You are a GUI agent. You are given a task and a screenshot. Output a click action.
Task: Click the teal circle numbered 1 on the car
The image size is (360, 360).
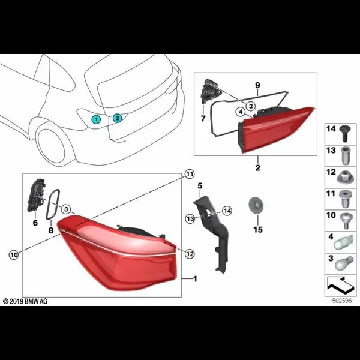pyautogui.click(x=96, y=119)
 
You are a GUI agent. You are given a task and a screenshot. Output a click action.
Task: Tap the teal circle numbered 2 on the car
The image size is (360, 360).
pyautogui.click(x=118, y=118)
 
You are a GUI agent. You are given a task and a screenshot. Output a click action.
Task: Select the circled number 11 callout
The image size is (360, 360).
pyautogui.click(x=190, y=174)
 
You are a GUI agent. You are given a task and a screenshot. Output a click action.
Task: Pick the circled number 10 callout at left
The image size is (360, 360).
pyautogui.click(x=14, y=254)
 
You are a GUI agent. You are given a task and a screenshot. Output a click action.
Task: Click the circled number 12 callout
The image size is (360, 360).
pyautogui.click(x=190, y=254)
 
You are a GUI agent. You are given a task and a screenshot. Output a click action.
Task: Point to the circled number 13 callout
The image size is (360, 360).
pyautogui.click(x=190, y=218)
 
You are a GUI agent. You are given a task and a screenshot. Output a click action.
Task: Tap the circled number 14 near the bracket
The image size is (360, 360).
pyautogui.click(x=227, y=211)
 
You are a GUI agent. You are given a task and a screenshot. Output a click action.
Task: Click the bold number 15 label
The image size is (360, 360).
pyautogui.click(x=258, y=229)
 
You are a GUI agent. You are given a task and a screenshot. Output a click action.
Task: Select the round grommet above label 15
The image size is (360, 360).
pyautogui.click(x=256, y=205)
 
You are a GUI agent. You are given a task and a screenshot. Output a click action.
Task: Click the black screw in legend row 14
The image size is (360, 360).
pyautogui.click(x=344, y=133)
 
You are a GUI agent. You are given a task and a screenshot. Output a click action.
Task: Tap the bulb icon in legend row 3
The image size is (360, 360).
pyautogui.click(x=344, y=264)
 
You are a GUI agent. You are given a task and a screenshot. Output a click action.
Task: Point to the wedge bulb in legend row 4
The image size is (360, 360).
pyautogui.click(x=343, y=242)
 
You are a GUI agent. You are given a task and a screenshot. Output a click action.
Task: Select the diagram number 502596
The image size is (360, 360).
pyautogui.click(x=342, y=301)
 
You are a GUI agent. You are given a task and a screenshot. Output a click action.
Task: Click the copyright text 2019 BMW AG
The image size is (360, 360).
pyautogui.click(x=25, y=301)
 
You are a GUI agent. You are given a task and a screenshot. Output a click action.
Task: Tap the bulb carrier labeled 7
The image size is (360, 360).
pyautogui.click(x=211, y=91)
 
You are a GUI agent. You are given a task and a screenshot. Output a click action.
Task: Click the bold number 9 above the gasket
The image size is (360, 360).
pyautogui.click(x=257, y=85)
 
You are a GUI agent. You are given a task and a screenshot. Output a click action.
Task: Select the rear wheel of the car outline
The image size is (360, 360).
pyautogui.click(x=51, y=146)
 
